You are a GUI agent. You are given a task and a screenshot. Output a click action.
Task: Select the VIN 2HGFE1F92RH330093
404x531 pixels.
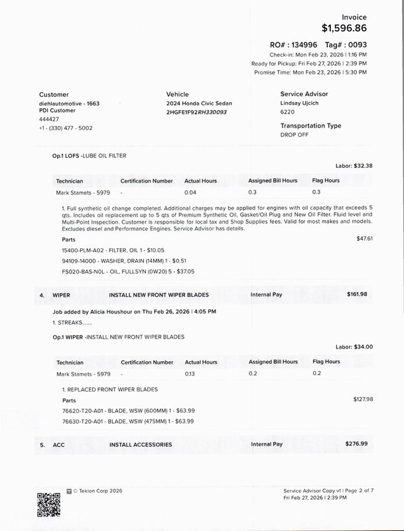(196, 113)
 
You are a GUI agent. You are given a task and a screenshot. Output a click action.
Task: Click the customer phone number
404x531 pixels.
(66, 127)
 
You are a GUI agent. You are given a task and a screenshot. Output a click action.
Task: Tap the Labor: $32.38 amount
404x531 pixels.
(354, 165)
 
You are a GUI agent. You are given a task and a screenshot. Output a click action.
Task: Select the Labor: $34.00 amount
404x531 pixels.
(354, 346)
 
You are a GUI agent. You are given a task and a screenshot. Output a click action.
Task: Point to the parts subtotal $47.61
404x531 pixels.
(365, 238)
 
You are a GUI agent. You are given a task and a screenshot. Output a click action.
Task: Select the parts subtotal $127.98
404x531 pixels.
(364, 400)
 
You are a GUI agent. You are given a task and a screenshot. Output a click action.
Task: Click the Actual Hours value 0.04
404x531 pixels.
(190, 192)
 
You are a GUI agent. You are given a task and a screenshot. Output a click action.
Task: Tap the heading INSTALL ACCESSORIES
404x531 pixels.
(141, 444)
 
